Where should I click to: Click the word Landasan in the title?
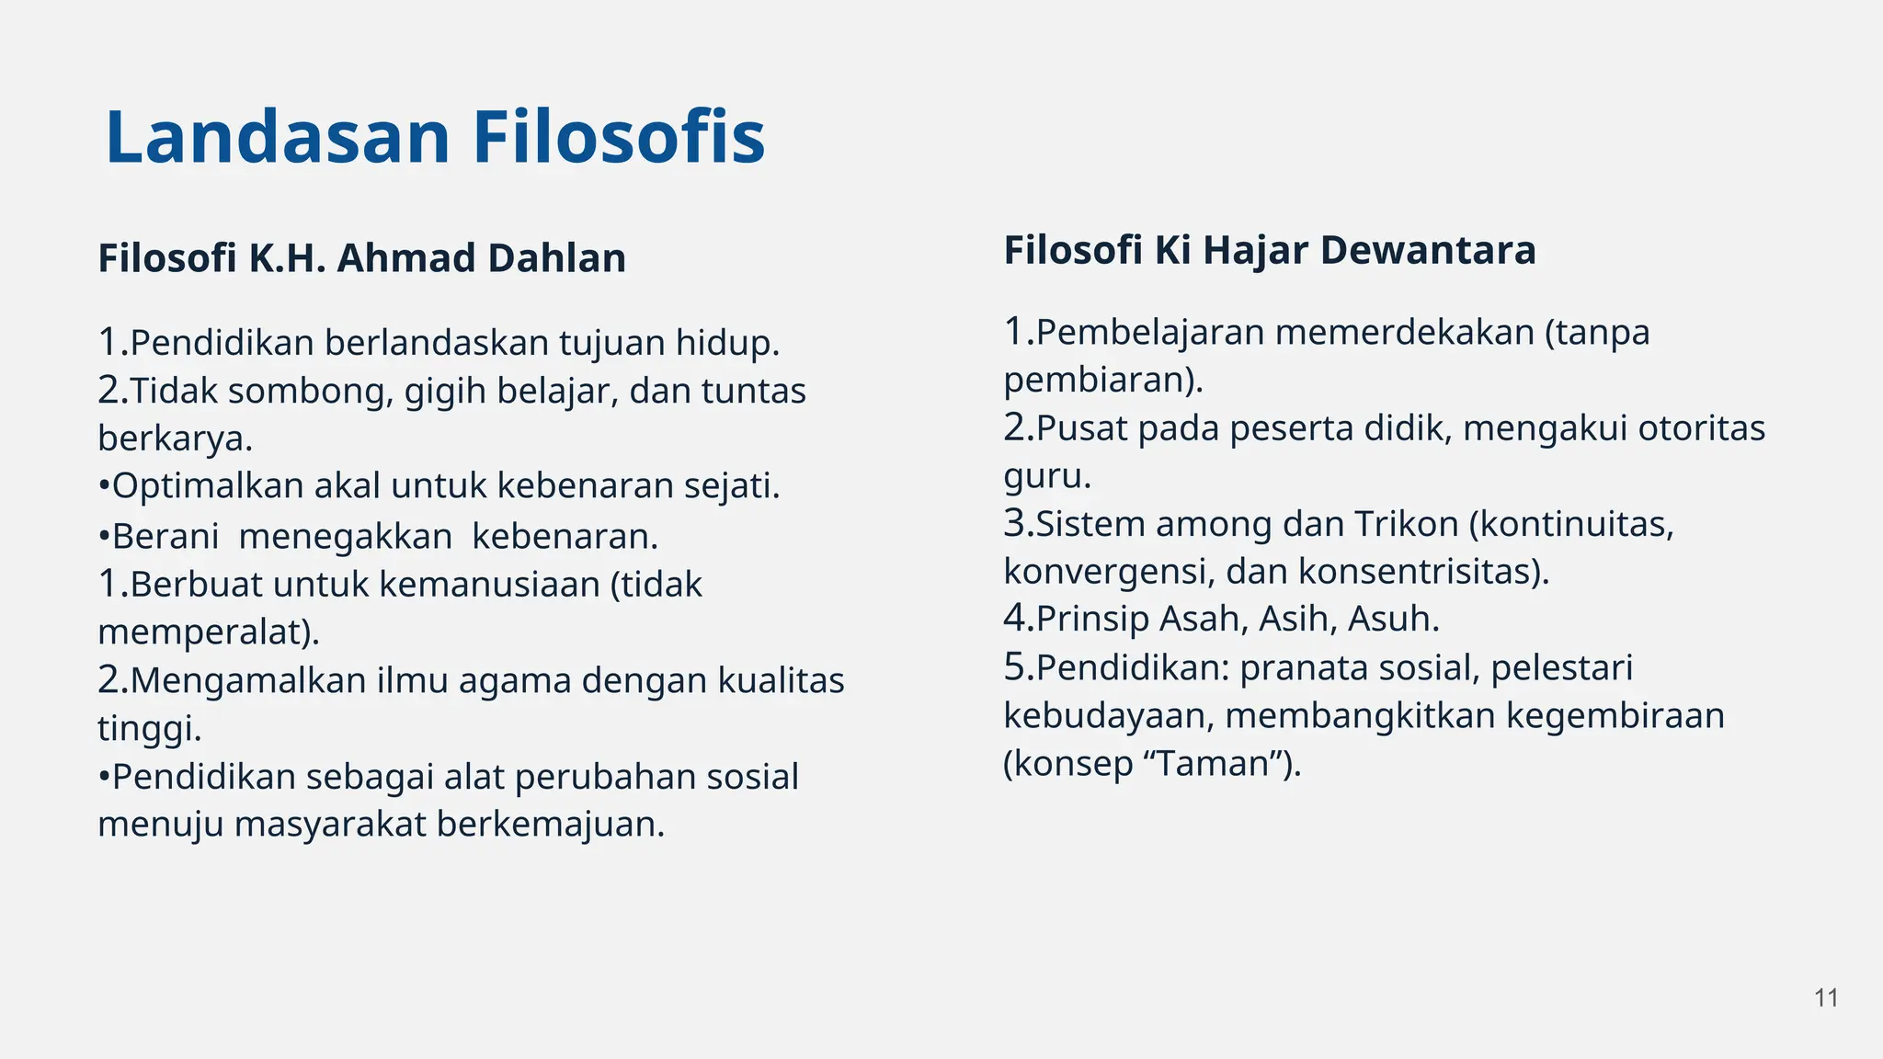pos(278,138)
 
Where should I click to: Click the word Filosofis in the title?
pos(619,138)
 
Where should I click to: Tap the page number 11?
pos(1826,998)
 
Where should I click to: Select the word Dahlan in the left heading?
pos(557,258)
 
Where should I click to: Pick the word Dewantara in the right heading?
pos(1428,250)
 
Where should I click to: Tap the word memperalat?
pos(204,632)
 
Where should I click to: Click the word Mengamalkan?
pos(248,681)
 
